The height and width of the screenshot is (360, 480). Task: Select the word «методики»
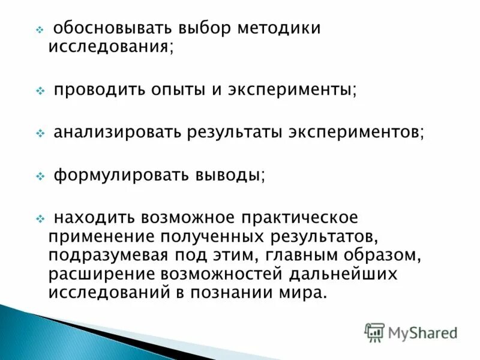(281, 28)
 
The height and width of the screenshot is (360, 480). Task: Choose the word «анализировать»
(119, 133)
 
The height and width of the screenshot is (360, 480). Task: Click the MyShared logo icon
(375, 332)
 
